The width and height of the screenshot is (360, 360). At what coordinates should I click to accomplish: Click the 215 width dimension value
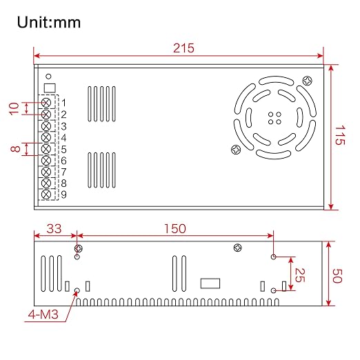[x=183, y=48]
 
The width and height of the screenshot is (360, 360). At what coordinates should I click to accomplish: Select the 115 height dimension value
[x=340, y=135]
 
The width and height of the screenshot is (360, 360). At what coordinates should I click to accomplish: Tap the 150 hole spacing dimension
[x=175, y=229]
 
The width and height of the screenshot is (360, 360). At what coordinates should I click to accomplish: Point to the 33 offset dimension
[x=54, y=229]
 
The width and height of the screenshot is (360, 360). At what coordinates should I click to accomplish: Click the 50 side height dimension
[x=337, y=276]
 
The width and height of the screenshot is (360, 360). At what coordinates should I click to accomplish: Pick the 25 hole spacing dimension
[x=299, y=275]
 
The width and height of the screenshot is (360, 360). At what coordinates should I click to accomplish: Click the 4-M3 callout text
[x=43, y=314]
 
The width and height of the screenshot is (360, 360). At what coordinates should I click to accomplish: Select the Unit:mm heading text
[x=49, y=22]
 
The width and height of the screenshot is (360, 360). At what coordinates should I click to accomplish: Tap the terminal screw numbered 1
[x=46, y=103]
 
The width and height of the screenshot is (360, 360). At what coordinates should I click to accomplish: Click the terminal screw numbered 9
[x=46, y=194]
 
